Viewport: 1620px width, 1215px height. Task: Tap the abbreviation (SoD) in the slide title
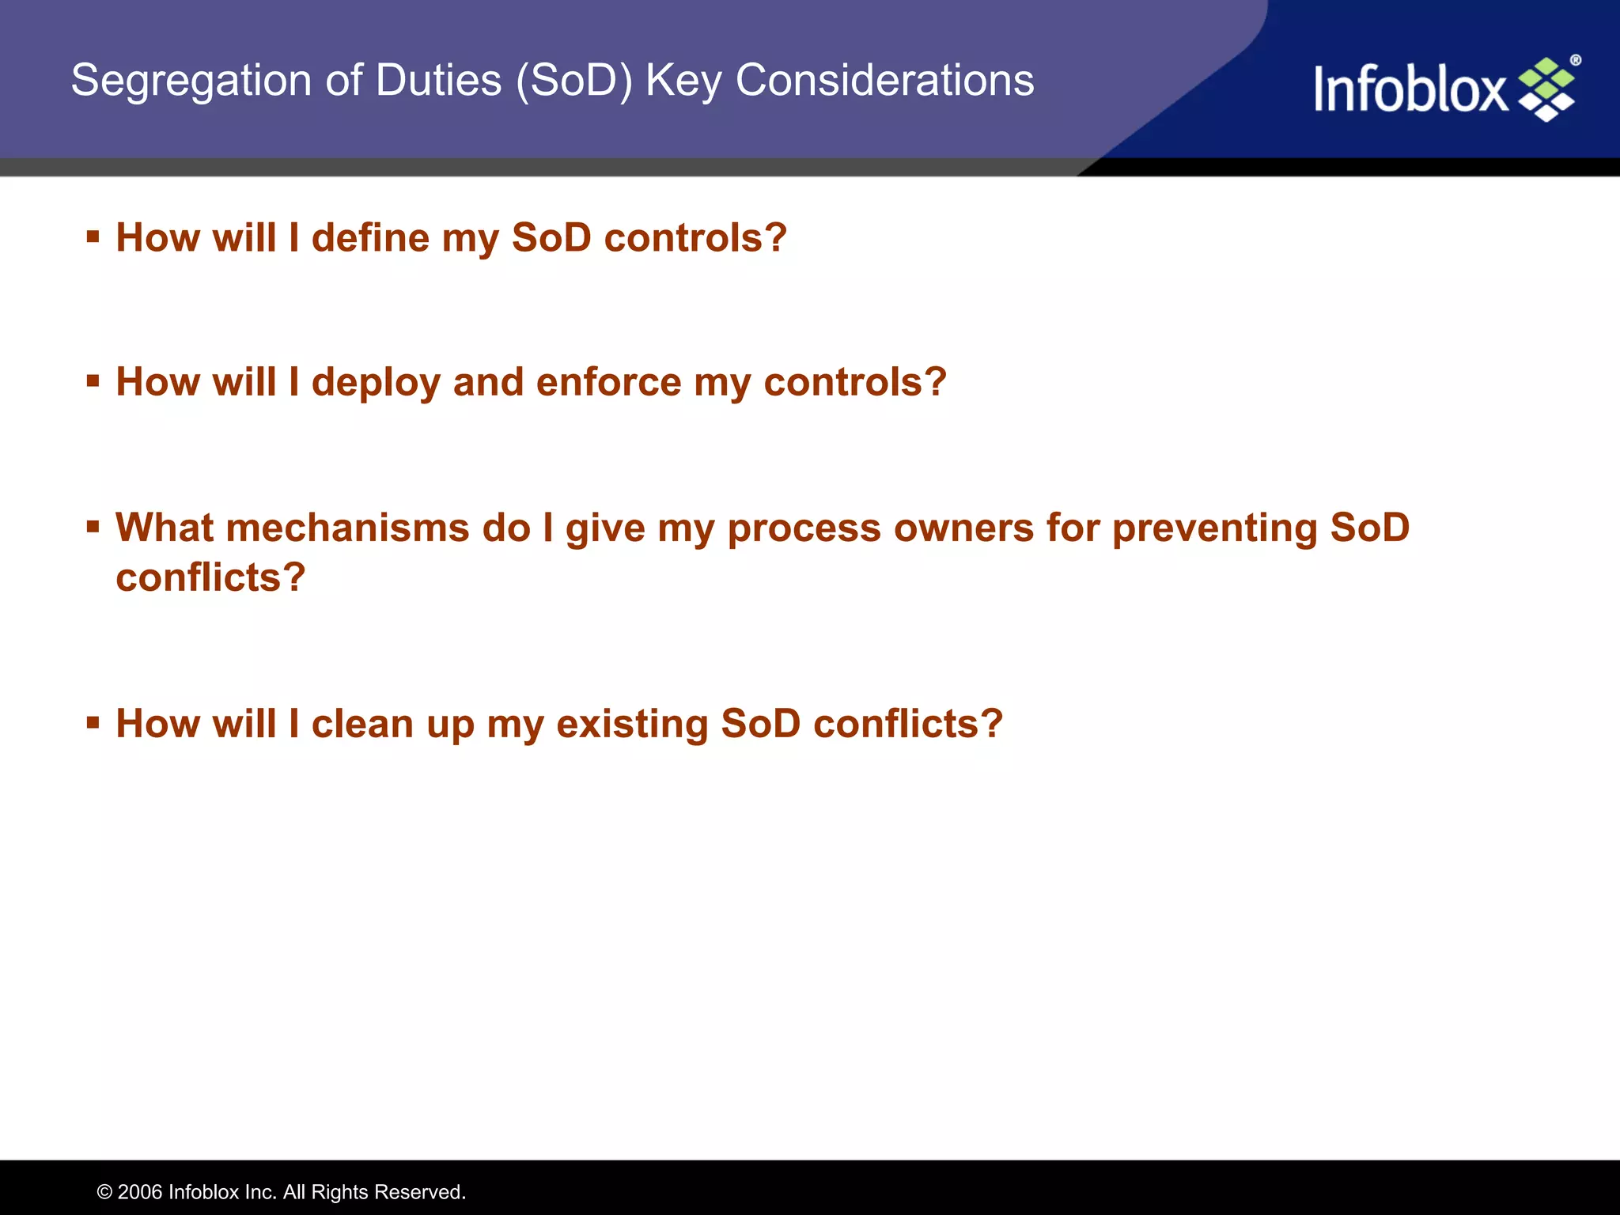(574, 81)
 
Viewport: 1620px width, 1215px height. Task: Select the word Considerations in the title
(884, 81)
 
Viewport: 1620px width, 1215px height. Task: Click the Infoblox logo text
(1410, 89)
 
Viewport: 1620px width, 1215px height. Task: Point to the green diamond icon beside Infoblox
(1547, 89)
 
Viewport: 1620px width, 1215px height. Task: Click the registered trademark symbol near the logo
(1575, 60)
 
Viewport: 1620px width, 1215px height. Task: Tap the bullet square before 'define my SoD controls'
(93, 237)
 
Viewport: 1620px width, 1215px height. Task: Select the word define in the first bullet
(370, 237)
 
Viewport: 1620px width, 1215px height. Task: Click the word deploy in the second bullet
(376, 382)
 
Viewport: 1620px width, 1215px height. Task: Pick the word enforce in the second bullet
(608, 382)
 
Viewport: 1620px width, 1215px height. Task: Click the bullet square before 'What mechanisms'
(93, 526)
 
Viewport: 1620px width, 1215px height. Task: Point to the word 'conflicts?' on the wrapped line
(210, 577)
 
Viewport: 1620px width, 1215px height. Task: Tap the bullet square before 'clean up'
(93, 722)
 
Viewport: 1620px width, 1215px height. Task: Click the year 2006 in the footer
(140, 1192)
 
